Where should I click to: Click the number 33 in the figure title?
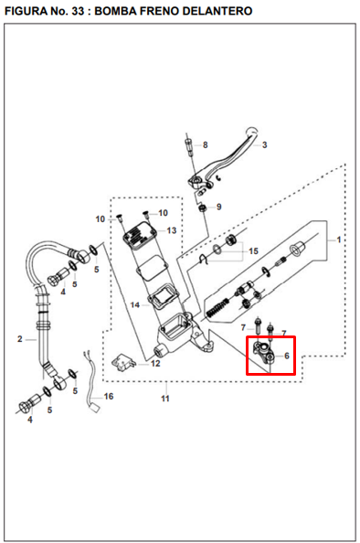(78, 11)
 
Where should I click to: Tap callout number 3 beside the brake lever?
(264, 145)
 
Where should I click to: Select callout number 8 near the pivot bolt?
(206, 145)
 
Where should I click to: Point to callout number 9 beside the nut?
(218, 208)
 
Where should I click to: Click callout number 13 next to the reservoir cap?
(172, 230)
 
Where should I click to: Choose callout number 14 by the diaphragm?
(135, 305)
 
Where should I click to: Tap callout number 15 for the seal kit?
(253, 251)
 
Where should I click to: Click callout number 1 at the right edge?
(339, 240)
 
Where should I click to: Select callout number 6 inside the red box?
(287, 356)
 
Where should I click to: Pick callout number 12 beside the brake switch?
(155, 364)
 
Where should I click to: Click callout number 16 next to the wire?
(109, 397)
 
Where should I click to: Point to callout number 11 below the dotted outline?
(165, 399)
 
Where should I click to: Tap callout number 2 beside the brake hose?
(20, 339)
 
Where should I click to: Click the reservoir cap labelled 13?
(139, 236)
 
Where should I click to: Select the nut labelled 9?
(203, 208)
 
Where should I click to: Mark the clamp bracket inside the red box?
(264, 353)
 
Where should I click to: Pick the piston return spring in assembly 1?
(217, 307)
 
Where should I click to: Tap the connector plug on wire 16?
(95, 408)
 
